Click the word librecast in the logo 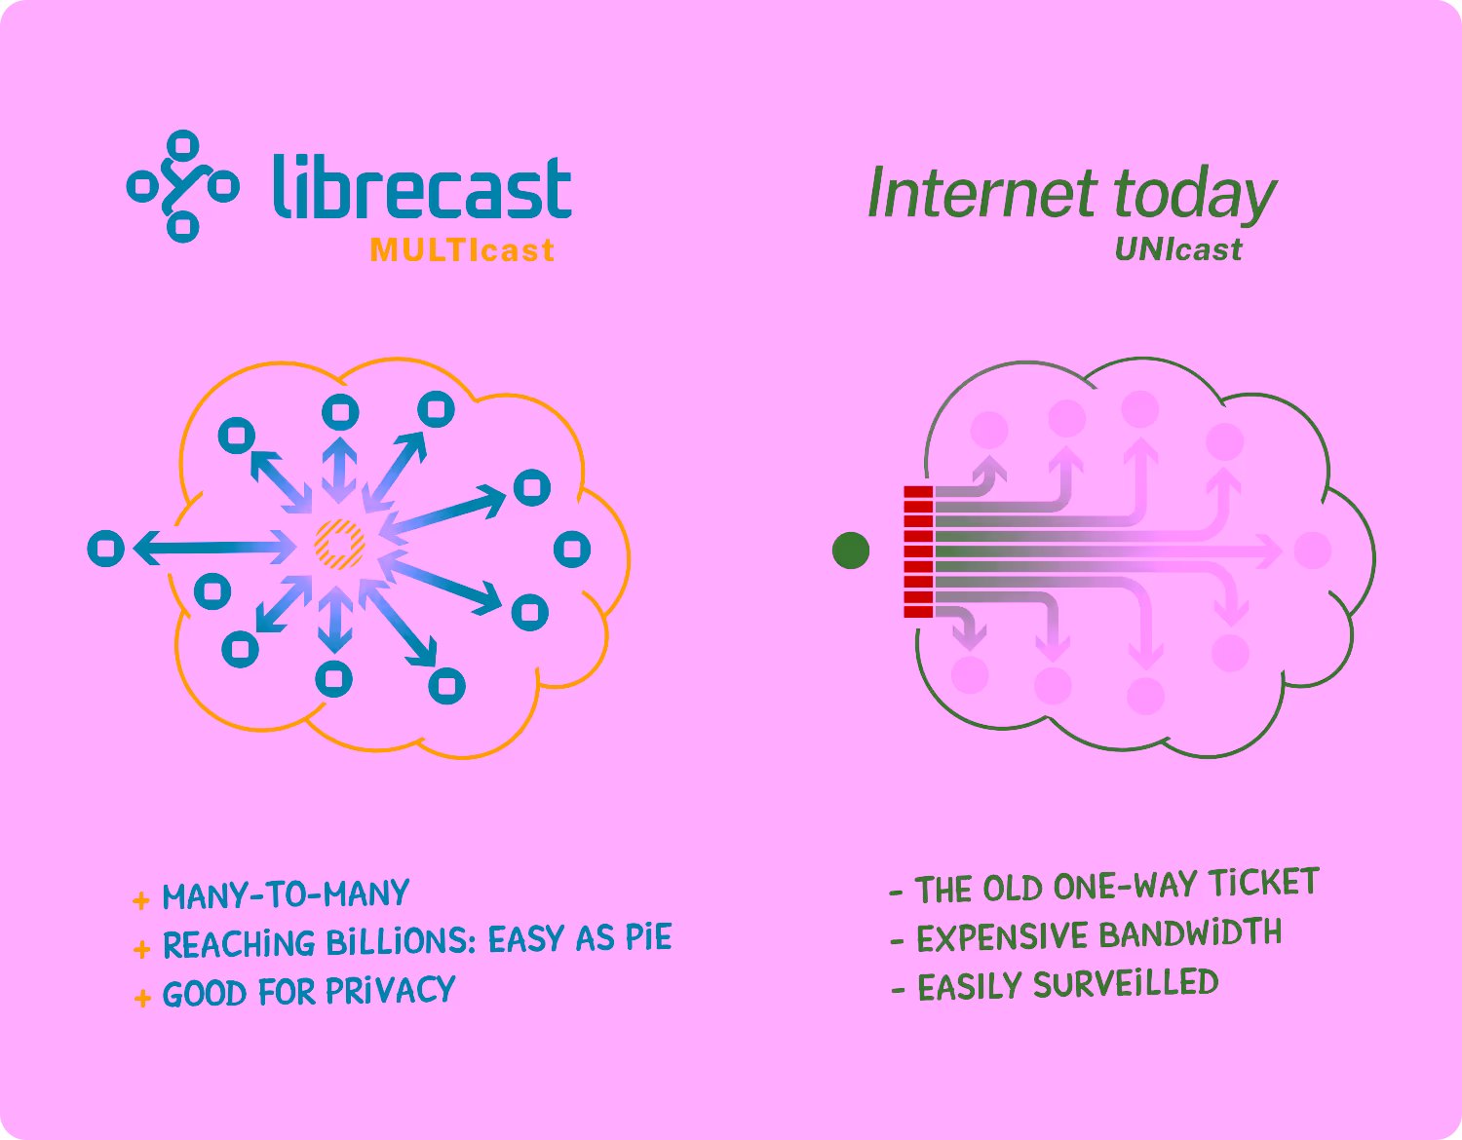(422, 187)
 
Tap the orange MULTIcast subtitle (462, 250)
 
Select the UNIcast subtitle (1178, 248)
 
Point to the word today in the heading (1195, 196)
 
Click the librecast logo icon (182, 186)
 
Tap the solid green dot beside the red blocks (851, 551)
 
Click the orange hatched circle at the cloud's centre (340, 544)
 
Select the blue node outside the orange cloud (105, 549)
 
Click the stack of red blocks (918, 551)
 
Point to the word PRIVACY (390, 990)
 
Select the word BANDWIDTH (1190, 933)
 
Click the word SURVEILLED (1126, 984)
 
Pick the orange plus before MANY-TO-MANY (140, 900)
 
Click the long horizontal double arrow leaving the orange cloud (214, 548)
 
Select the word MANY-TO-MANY (286, 894)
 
